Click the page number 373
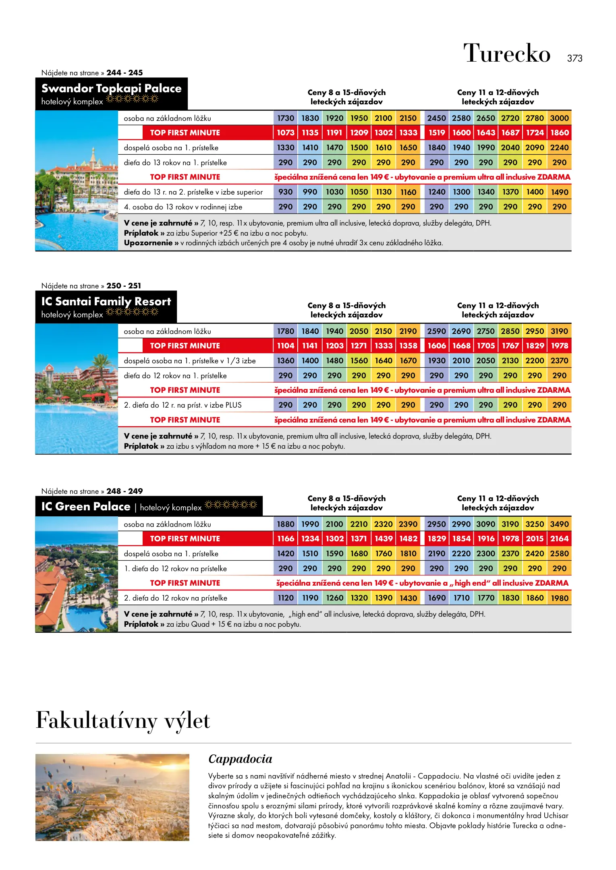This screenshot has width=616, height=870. [x=575, y=58]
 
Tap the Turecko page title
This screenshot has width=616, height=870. [x=506, y=54]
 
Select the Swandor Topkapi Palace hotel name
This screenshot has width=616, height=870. [x=111, y=88]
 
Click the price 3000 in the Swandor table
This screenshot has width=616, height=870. [x=559, y=118]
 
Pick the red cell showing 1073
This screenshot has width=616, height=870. [x=285, y=133]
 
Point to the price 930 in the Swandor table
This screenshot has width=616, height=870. [x=285, y=192]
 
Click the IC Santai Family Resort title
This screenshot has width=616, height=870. [x=106, y=301]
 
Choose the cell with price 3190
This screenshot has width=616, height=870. [x=559, y=331]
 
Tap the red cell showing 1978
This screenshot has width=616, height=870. [x=559, y=346]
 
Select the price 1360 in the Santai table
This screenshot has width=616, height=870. [x=285, y=360]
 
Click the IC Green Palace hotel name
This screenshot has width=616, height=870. [x=86, y=506]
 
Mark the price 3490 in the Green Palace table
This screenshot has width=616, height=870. [x=559, y=524]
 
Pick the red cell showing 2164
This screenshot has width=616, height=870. [x=559, y=539]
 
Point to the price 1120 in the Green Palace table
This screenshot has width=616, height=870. [x=285, y=598]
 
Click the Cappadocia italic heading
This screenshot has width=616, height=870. [x=240, y=759]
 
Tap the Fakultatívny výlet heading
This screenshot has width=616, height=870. [x=123, y=721]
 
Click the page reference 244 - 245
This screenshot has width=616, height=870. [x=124, y=73]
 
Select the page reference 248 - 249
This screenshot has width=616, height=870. [x=124, y=491]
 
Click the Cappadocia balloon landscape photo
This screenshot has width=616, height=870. [x=112, y=797]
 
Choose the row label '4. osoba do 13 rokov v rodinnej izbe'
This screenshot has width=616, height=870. [x=183, y=207]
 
